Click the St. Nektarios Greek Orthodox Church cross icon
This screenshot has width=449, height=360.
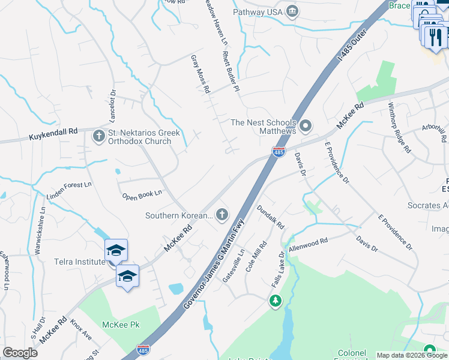point(98,136)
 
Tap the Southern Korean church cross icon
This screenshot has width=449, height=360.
point(222,214)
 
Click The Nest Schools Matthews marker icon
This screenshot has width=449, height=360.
point(306,126)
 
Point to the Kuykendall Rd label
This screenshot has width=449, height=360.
point(53,134)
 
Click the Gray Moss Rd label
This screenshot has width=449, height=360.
point(200,74)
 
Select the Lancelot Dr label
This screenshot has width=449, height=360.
point(112,106)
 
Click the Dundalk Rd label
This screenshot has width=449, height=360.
point(270,217)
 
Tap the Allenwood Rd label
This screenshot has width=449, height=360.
point(308,244)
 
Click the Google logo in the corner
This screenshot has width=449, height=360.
point(20,353)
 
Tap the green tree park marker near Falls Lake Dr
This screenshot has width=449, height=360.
point(276,300)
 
